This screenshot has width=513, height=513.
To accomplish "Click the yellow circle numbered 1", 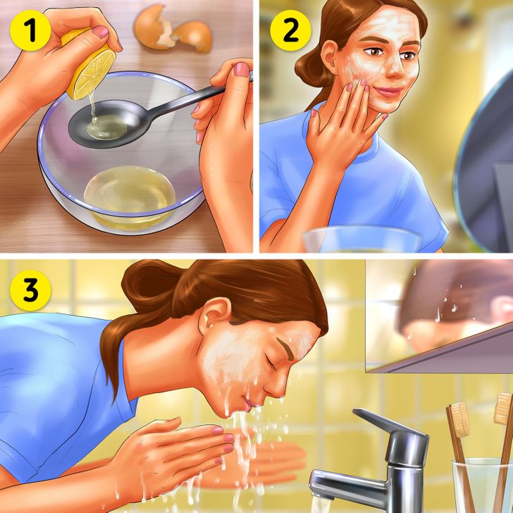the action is [x=30, y=31].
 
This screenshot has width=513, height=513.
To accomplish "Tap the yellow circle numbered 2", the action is [x=290, y=30].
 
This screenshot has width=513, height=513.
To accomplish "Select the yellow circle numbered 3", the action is [x=30, y=290].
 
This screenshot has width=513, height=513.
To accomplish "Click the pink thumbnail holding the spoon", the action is [x=242, y=69].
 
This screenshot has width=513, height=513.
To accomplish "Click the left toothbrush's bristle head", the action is [x=458, y=420].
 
